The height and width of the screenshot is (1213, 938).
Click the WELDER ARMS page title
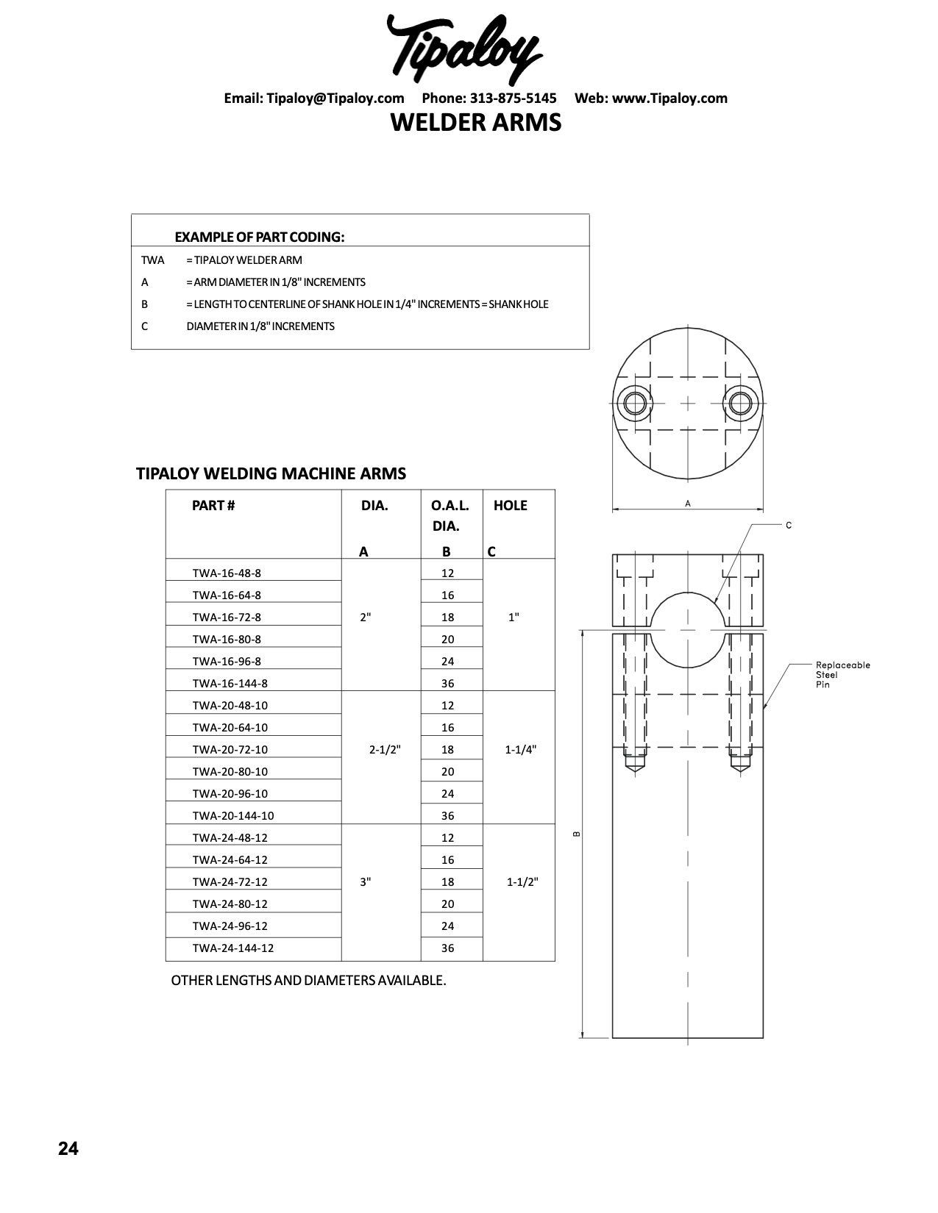(x=475, y=122)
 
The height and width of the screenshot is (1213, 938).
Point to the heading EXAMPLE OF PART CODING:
(x=260, y=237)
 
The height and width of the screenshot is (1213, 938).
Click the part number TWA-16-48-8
(x=227, y=573)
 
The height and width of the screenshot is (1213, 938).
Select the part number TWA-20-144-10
(x=233, y=816)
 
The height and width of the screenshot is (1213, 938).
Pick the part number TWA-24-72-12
(x=230, y=882)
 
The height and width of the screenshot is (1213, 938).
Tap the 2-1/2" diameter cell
(x=385, y=750)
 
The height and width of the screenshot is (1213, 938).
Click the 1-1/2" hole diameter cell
(x=522, y=882)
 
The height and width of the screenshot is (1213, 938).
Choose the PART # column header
(x=213, y=506)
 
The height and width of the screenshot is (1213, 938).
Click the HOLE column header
(x=511, y=506)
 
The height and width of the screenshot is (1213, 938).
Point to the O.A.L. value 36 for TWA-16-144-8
(x=448, y=684)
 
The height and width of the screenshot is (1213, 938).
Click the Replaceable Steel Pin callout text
(x=842, y=675)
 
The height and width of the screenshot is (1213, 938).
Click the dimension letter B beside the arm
(x=577, y=834)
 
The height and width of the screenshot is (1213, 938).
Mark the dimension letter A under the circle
(x=688, y=504)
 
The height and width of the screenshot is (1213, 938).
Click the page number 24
(x=68, y=1149)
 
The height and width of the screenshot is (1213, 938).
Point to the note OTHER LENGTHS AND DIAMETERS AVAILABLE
(x=308, y=981)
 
